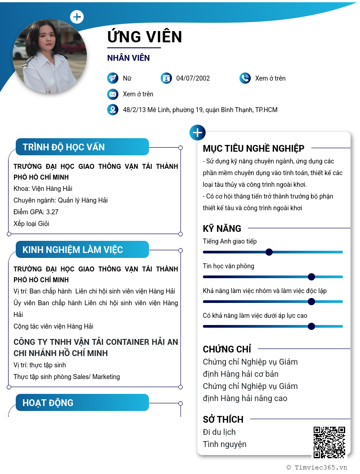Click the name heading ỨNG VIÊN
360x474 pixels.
144,36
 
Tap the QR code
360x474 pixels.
329,442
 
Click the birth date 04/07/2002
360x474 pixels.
193,78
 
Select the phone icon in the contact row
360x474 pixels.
245,78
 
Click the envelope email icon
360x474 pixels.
112,94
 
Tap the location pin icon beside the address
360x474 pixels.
112,110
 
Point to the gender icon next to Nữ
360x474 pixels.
112,78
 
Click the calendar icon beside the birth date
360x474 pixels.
166,78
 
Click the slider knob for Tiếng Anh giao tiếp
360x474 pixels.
269,252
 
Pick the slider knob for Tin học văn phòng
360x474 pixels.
311,277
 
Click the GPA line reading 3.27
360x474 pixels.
36,212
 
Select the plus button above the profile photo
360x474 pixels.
77,17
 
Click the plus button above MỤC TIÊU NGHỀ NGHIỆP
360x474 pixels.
198,132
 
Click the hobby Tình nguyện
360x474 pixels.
225,444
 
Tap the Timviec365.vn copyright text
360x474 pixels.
317,467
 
